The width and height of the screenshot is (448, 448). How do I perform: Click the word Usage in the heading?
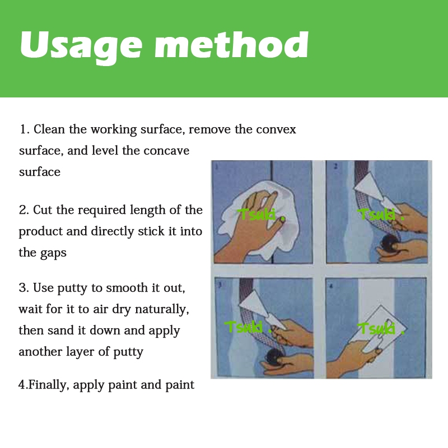[81, 46]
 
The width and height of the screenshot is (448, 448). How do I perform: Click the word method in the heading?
[231, 45]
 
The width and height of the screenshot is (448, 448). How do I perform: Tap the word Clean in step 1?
[49, 129]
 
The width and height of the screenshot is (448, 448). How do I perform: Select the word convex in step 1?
[276, 130]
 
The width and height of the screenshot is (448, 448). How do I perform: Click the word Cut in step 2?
[43, 210]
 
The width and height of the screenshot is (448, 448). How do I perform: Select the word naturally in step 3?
[162, 310]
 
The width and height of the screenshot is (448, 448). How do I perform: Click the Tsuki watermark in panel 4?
[381, 328]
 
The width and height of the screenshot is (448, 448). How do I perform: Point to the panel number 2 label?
[335, 166]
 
